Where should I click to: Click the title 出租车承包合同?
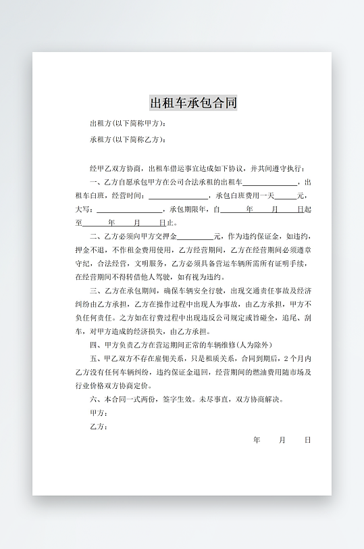[193, 103]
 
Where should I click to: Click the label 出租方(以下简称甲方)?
[127, 124]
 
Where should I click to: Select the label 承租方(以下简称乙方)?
[127, 140]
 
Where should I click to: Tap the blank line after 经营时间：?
[178, 195]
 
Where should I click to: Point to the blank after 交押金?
[195, 237]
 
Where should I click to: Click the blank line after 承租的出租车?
[269, 182]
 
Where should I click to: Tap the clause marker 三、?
[95, 291]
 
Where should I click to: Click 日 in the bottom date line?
[307, 440]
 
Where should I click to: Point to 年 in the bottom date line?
[257, 440]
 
